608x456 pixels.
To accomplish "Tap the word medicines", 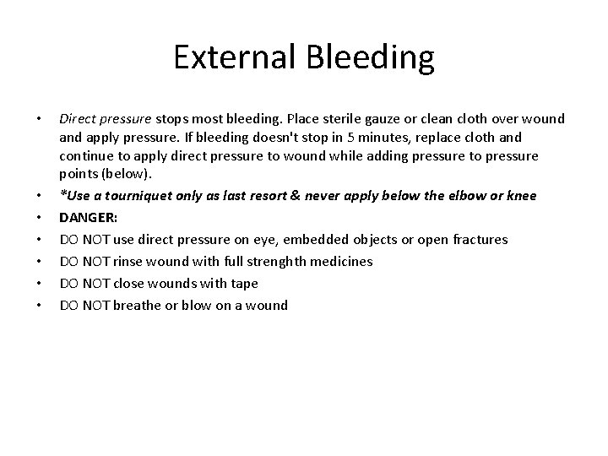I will pyautogui.click(x=336, y=262).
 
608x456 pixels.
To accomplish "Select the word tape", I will pyautogui.click(x=243, y=284).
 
